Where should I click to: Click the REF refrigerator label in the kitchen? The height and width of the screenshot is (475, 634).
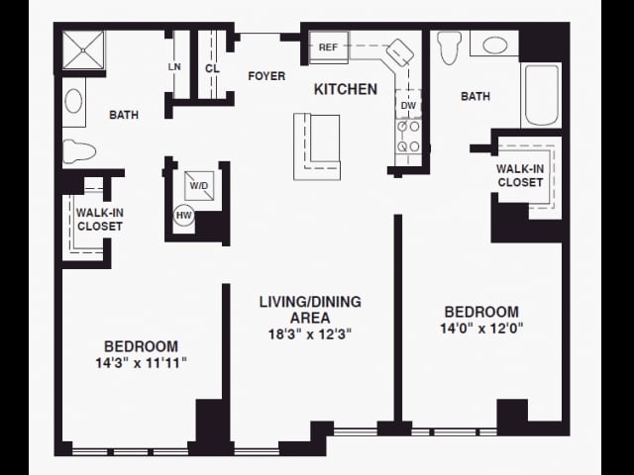coord(328,47)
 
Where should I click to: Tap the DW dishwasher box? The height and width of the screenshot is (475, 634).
coord(408,104)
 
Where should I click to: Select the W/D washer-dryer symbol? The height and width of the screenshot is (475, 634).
coord(199,185)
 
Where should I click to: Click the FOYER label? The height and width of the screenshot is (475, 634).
coord(266,76)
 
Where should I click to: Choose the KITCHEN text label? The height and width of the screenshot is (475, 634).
coord(346,89)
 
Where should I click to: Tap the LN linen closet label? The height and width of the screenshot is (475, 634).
coord(175,67)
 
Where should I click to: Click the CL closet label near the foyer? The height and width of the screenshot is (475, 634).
coord(212,68)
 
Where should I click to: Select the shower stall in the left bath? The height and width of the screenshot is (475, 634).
coord(83,51)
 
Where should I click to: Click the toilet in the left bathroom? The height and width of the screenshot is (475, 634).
coord(77,151)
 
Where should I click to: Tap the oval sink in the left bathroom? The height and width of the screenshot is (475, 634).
coord(74,101)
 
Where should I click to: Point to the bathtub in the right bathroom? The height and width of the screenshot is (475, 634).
coord(541,95)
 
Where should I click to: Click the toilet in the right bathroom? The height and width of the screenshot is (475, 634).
coord(450,47)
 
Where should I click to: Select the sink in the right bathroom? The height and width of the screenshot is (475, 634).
coord(494,45)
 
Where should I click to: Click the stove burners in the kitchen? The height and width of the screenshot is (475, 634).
coord(408,140)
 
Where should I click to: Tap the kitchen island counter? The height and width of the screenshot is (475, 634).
coord(316,145)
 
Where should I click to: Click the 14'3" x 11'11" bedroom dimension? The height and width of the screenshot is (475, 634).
coord(141,363)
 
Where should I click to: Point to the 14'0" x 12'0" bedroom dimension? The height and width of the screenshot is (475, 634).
coord(480,328)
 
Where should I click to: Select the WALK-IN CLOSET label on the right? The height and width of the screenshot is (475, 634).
coord(520,175)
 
